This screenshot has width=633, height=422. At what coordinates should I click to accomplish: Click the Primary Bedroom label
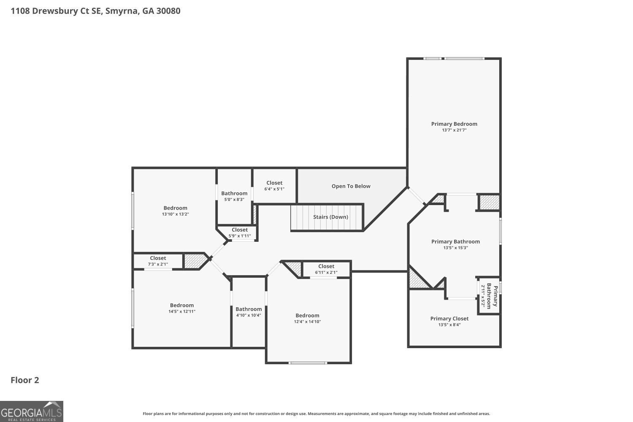coord(454,124)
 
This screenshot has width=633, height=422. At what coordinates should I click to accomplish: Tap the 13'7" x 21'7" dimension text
coord(454,130)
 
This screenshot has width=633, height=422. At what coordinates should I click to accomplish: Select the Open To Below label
coord(351,186)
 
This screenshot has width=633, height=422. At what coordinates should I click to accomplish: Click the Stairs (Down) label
coord(330,217)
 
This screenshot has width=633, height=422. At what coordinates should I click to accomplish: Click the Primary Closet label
coord(449,319)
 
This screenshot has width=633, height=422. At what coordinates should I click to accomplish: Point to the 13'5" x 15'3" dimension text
coord(455,248)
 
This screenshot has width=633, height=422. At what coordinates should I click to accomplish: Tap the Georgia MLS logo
coord(32,411)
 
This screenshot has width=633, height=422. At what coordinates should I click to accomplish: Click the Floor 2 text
coord(25,380)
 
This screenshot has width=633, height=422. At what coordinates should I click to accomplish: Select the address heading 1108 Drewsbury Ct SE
coord(95,11)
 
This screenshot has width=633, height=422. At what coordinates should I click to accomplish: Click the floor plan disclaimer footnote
coord(316,414)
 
